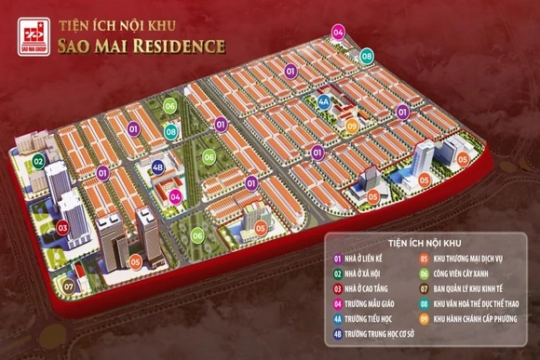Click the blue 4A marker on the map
click(324, 100)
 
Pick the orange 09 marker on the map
click(352, 126)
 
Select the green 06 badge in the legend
click(425, 274)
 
